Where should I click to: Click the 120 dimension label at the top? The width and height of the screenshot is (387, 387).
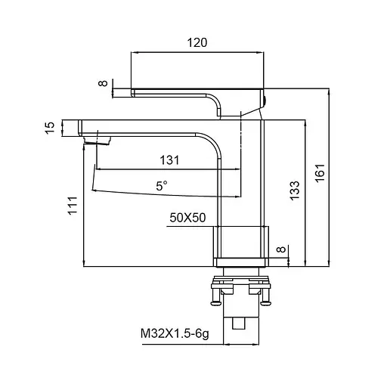(x=197, y=43)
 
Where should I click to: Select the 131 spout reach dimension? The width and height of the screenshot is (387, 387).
(x=170, y=159)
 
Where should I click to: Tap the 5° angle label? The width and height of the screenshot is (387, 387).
(x=162, y=184)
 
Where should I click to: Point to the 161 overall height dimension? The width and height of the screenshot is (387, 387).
(x=320, y=174)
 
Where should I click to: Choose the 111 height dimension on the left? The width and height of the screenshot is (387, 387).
(x=72, y=206)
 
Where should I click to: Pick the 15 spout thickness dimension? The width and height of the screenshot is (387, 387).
(x=50, y=128)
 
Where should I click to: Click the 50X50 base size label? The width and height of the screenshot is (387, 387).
(x=187, y=218)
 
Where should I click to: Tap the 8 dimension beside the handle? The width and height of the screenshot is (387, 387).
(x=104, y=85)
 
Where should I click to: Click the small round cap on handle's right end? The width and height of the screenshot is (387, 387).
(x=265, y=98)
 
